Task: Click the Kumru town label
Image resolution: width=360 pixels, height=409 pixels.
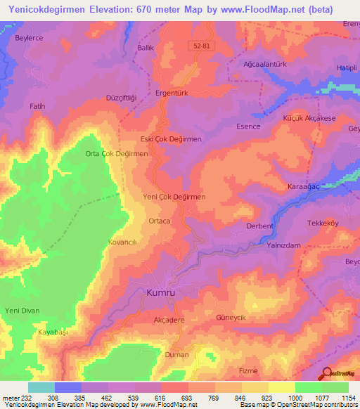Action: (162, 291)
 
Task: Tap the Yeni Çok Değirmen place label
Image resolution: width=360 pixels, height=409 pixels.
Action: (174, 197)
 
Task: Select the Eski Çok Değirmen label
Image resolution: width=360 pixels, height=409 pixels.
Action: (171, 139)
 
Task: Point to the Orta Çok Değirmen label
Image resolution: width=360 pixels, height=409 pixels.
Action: (116, 154)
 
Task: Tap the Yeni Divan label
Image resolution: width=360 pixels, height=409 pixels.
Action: (22, 311)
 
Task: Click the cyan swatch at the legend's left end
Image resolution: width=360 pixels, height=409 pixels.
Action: (41, 387)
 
